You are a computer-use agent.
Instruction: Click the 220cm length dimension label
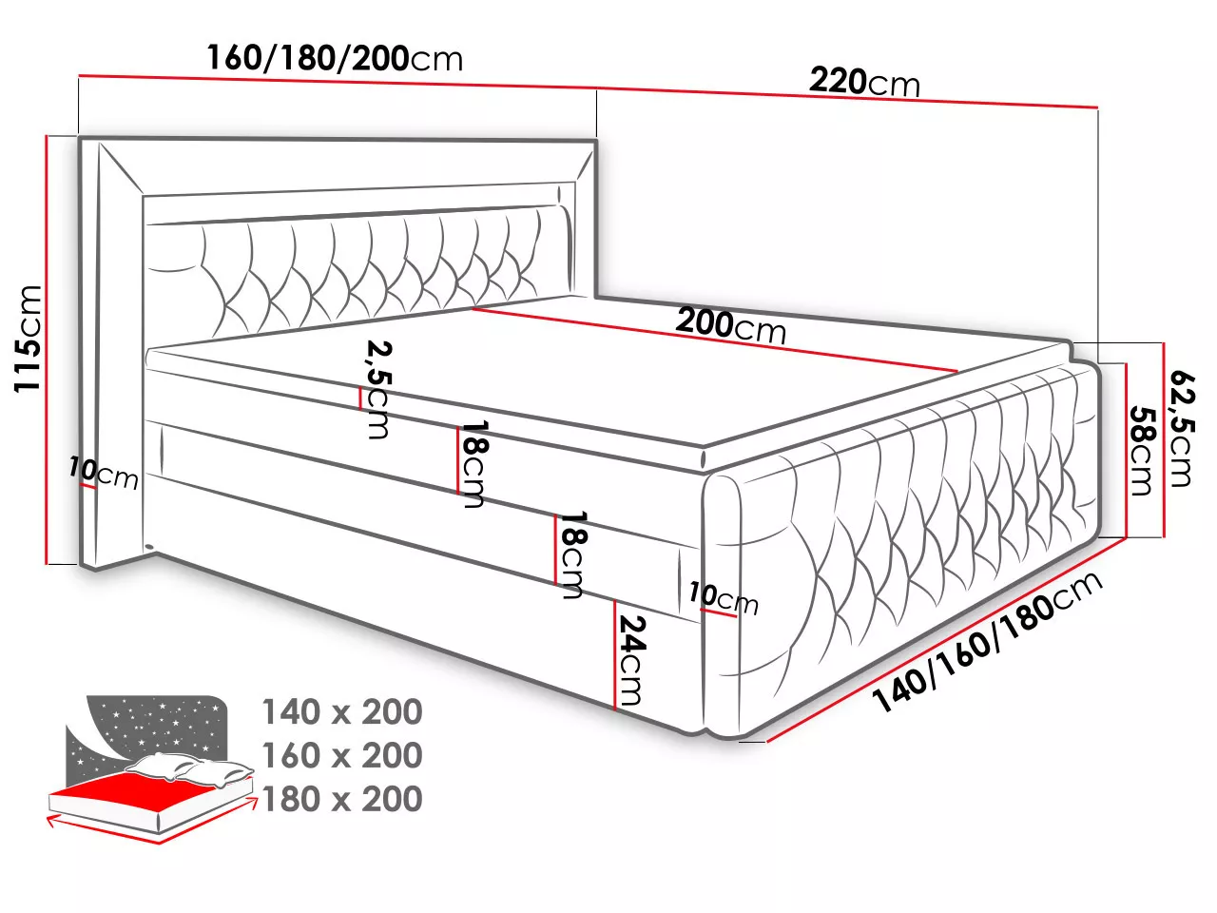click(864, 83)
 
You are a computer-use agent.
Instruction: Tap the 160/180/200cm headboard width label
click(335, 58)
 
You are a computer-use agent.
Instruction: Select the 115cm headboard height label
click(29, 339)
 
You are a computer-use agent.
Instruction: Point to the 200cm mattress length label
click(731, 326)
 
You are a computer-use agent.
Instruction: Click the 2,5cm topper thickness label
click(379, 390)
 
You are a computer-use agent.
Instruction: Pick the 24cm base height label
click(631, 660)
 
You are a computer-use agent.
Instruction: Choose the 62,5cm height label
click(1182, 429)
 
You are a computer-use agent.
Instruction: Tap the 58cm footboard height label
click(1142, 451)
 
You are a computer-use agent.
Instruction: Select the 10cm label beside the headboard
click(104, 474)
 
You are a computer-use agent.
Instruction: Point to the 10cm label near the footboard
click(724, 599)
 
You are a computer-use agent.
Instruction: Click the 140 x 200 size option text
click(342, 711)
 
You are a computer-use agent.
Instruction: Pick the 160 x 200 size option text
click(342, 755)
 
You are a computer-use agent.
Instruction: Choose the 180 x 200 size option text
click(342, 799)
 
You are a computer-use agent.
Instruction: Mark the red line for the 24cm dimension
click(615, 654)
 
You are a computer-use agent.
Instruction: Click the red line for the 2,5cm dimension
click(359, 398)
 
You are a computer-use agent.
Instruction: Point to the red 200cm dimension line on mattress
click(715, 340)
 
